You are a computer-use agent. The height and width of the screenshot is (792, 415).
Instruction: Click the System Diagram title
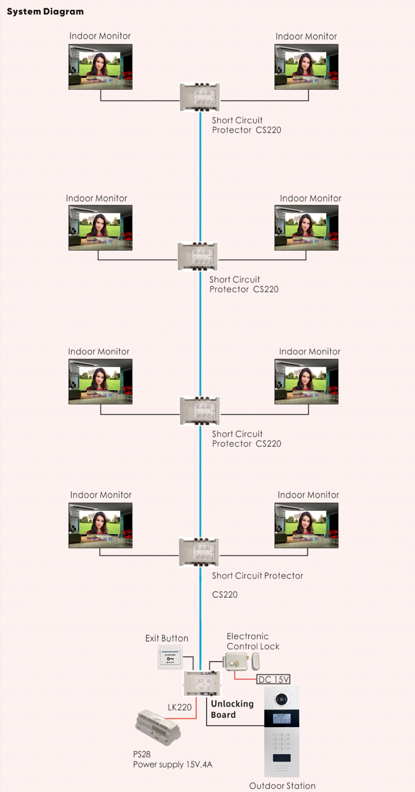pyautogui.click(x=45, y=11)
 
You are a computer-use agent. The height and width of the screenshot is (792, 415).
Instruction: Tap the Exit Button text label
pyautogui.click(x=167, y=638)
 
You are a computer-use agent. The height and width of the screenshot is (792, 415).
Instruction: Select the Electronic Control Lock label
pyautogui.click(x=253, y=641)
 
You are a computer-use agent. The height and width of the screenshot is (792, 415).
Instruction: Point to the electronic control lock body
pyautogui.click(x=236, y=661)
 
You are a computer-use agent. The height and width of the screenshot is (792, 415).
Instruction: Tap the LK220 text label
pyautogui.click(x=180, y=707)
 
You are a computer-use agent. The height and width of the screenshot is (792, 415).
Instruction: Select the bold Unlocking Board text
pyautogui.click(x=232, y=709)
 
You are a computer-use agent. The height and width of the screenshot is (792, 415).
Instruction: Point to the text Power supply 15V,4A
pyautogui.click(x=173, y=764)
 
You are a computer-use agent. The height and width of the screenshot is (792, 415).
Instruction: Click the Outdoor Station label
pyautogui.click(x=282, y=786)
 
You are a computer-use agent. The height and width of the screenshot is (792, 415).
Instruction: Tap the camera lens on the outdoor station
pyautogui.click(x=281, y=699)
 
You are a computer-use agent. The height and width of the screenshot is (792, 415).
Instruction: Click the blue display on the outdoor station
pyautogui.click(x=282, y=718)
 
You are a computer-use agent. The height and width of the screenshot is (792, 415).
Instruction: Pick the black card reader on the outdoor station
pyautogui.click(x=282, y=758)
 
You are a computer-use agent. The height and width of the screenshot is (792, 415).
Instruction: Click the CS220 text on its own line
pyautogui.click(x=225, y=595)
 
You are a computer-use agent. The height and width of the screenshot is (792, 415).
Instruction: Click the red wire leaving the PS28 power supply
pyautogui.click(x=184, y=718)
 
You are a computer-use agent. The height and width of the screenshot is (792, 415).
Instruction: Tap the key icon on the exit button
pyautogui.click(x=170, y=659)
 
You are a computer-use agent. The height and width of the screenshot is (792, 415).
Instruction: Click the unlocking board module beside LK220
pyautogui.click(x=202, y=683)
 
